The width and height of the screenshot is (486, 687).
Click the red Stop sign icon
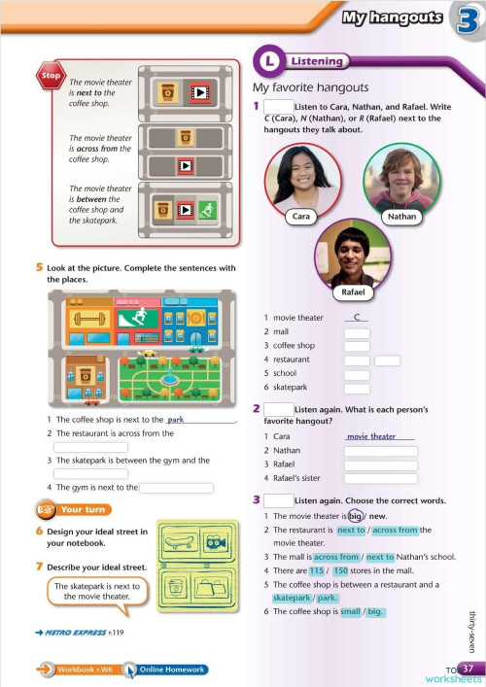(x=51, y=75)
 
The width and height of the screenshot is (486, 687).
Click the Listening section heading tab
(x=309, y=62)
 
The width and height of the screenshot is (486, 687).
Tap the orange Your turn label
(x=80, y=509)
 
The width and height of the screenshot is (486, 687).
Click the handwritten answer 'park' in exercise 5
(x=176, y=420)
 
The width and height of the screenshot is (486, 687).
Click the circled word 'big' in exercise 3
(x=356, y=516)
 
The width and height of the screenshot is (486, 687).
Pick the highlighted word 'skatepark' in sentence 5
(x=292, y=598)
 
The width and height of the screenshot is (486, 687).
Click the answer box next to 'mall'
(x=357, y=332)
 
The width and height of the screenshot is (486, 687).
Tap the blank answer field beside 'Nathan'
(x=380, y=451)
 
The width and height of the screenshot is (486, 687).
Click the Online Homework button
(x=172, y=670)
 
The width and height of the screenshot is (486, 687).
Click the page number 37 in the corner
(x=468, y=669)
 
